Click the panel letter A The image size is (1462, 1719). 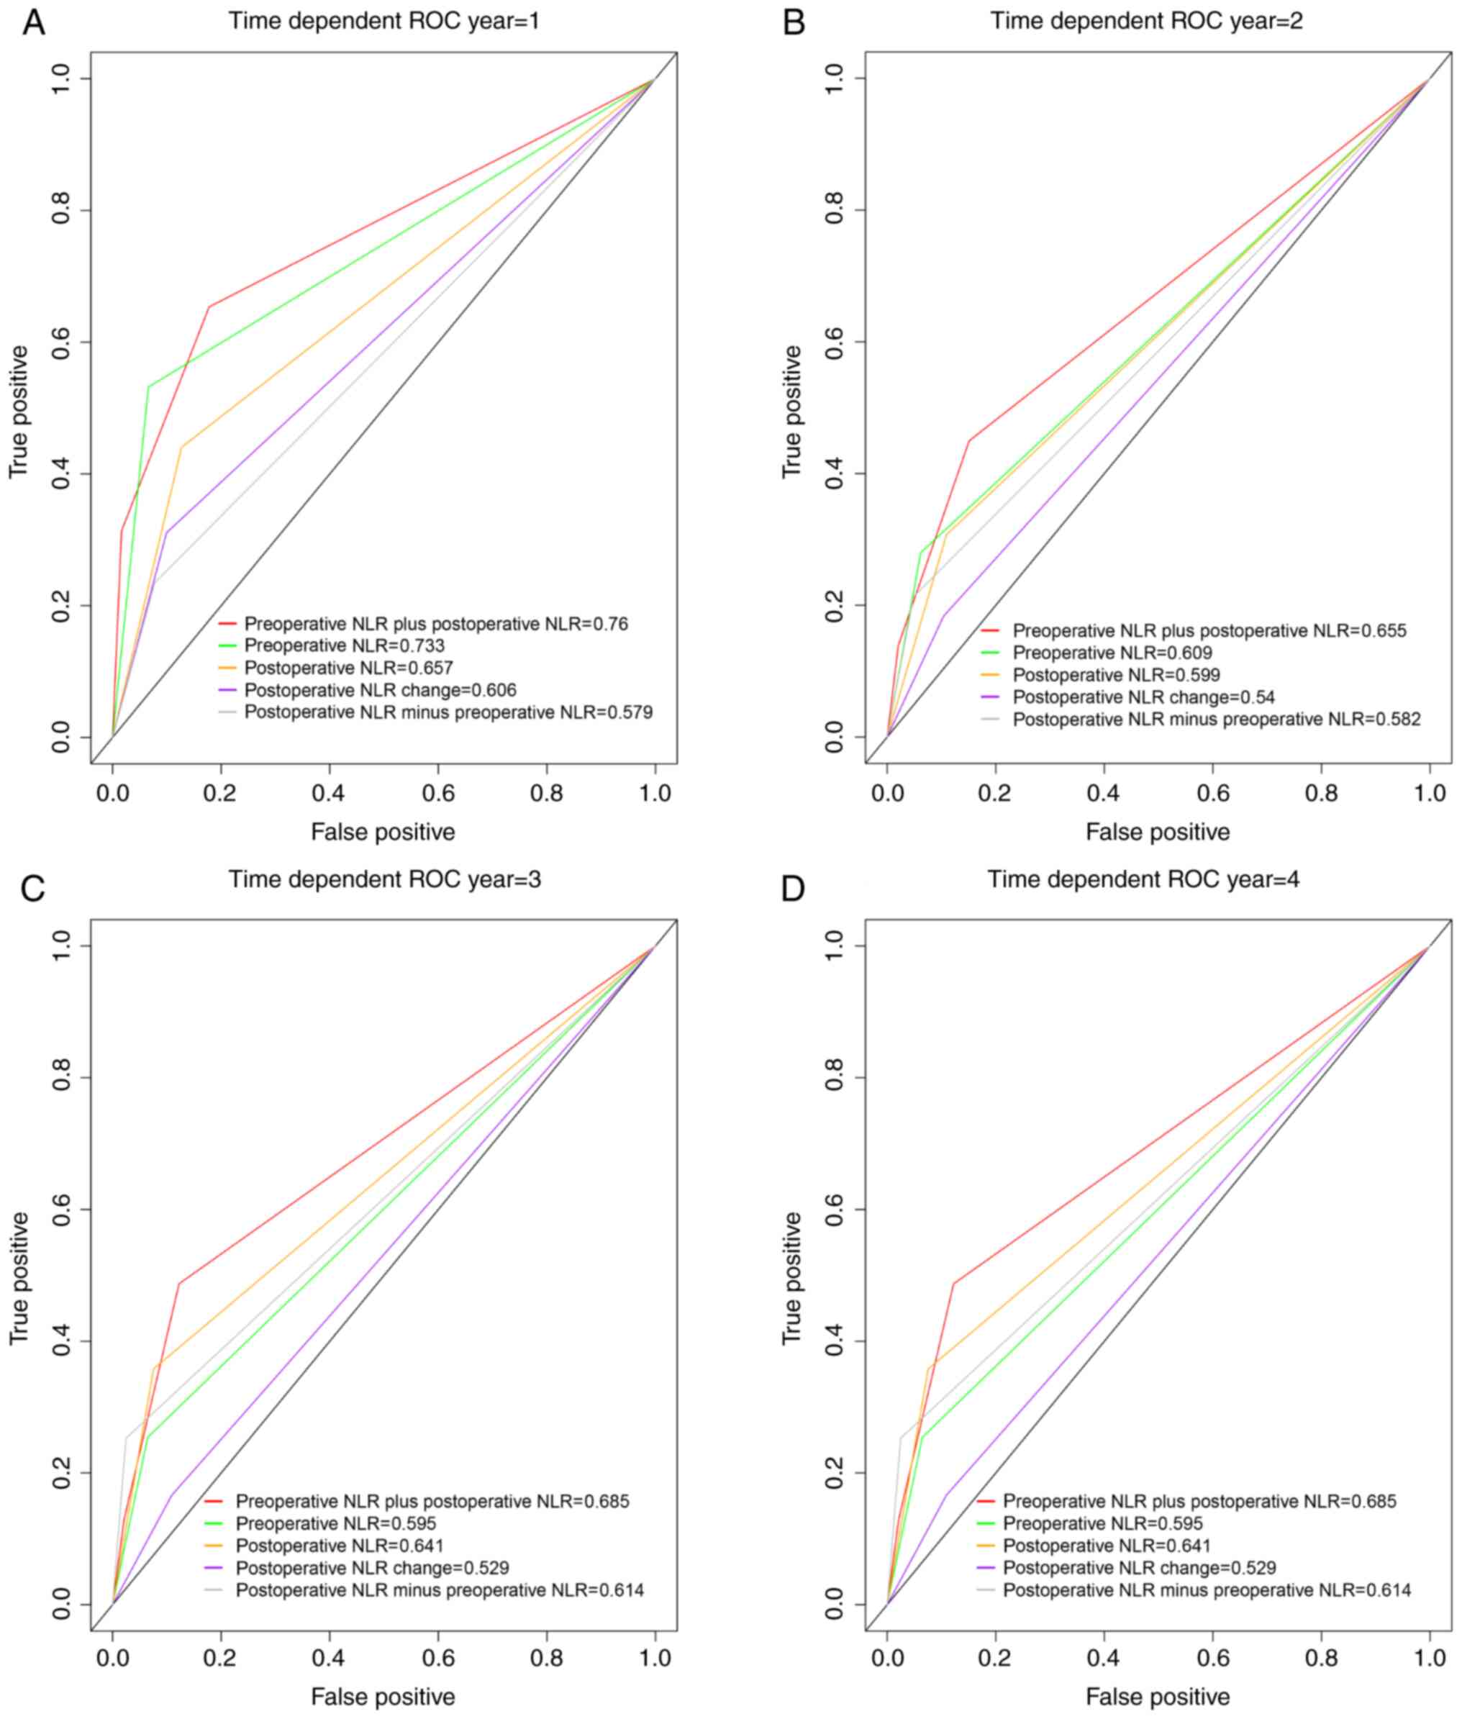coord(33,22)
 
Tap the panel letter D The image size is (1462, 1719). coord(793,889)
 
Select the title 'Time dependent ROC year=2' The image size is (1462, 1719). coord(1146,21)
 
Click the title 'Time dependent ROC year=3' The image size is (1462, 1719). coord(384,879)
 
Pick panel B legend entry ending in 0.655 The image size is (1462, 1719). coord(1209,631)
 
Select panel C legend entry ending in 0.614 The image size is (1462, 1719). coord(440,1590)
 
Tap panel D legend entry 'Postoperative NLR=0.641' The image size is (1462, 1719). coord(1107,1546)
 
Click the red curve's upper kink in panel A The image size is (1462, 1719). coord(209,307)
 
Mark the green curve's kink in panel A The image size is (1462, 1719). coord(148,387)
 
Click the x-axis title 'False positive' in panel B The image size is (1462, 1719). coord(1158,832)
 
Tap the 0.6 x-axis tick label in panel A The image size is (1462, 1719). coord(437,793)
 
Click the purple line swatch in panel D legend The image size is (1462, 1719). coord(986,1568)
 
